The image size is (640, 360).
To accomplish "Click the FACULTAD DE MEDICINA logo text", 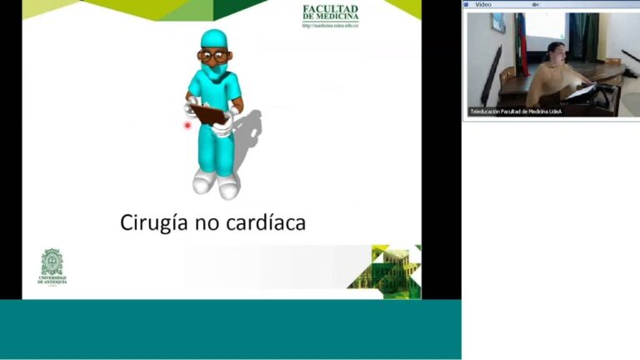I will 330,12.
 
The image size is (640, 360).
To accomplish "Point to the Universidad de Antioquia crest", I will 52,262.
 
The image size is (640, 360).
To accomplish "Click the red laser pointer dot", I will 187,126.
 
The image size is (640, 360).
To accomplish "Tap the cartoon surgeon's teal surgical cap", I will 213,38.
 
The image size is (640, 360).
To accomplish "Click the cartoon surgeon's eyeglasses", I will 213,57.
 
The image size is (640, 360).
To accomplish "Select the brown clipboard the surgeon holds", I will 208,113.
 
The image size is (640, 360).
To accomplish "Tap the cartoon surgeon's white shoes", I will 216,182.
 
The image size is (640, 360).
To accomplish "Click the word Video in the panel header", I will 483,4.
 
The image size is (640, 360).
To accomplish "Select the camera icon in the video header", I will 536,4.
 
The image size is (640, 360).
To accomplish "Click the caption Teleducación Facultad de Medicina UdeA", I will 516,111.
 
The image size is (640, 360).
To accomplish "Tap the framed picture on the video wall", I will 497,23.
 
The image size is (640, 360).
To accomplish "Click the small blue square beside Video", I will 467,4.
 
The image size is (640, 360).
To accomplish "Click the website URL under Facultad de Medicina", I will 330,26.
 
